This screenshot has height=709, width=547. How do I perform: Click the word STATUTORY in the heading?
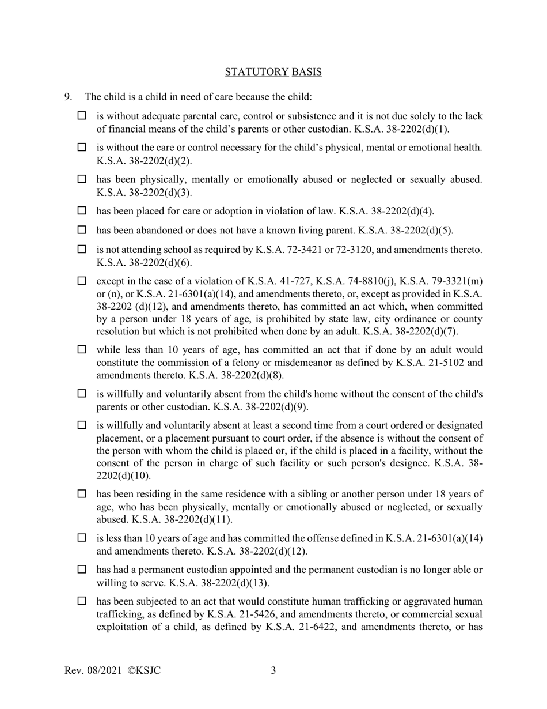[x=256, y=72]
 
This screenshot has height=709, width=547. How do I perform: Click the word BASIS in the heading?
[x=306, y=72]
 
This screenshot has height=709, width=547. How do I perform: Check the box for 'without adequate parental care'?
[x=82, y=116]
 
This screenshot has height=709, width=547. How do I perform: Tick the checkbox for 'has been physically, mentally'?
[x=82, y=179]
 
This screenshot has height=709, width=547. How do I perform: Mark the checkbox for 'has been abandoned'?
[x=82, y=231]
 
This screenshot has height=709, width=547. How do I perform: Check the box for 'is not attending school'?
[x=82, y=250]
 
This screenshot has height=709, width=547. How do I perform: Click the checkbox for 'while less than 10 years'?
[x=82, y=349]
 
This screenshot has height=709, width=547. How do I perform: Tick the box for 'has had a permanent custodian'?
[x=82, y=570]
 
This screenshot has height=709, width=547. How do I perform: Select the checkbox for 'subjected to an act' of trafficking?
[x=82, y=601]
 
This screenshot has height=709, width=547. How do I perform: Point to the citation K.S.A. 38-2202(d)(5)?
[x=406, y=231]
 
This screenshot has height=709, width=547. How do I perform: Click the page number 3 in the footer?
[x=273, y=670]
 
